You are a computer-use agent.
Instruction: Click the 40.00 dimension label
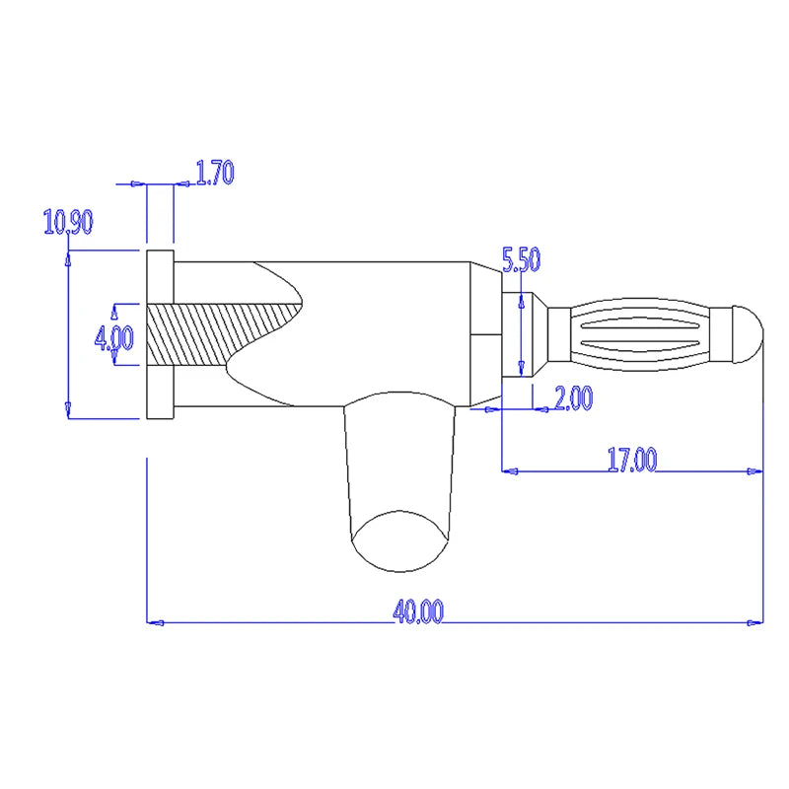click(418, 611)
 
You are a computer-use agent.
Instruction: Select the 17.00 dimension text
click(631, 460)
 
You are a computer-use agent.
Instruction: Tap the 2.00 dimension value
click(572, 398)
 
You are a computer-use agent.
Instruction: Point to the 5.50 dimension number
click(522, 260)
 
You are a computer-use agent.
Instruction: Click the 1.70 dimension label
click(215, 174)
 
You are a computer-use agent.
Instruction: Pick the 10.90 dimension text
click(68, 223)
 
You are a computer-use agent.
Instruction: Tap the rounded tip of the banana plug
click(749, 332)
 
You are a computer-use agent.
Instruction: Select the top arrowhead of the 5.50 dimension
click(520, 298)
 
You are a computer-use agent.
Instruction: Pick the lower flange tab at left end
click(160, 393)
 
